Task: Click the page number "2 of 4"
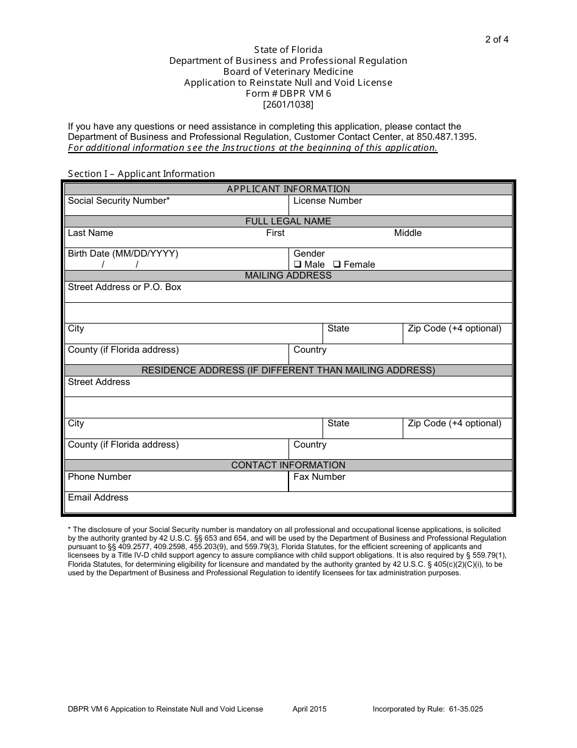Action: point(496,40)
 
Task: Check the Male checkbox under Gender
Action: point(298,265)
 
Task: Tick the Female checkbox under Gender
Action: point(338,265)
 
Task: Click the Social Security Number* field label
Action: point(118,201)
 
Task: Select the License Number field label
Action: point(327,201)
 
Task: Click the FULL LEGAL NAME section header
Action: point(288,221)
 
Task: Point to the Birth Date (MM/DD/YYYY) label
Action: point(123,254)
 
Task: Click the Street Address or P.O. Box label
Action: point(125,287)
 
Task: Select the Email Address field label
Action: point(98,497)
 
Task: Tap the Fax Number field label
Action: point(319,477)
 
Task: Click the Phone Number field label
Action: point(99,477)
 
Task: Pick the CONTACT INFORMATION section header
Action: point(288,465)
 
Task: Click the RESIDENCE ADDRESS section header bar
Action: point(288,370)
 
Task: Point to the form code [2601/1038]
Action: point(288,104)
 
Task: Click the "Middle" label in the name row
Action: point(408,233)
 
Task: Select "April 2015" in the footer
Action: point(309,709)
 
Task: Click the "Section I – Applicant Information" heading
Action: point(141,174)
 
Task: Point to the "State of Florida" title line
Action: point(288,49)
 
